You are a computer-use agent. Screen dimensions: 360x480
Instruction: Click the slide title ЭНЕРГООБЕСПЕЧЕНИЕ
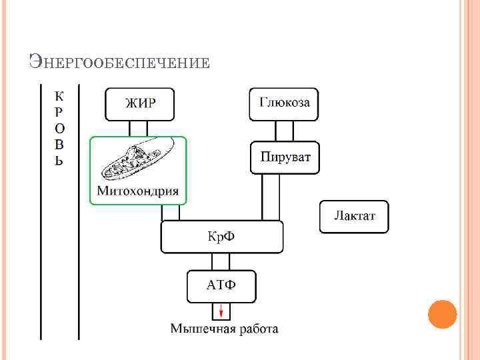[120, 63]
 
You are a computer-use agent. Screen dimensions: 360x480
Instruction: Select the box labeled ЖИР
[140, 103]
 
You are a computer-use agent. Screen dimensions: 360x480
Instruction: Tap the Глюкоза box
[284, 103]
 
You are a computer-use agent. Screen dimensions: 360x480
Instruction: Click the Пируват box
[285, 158]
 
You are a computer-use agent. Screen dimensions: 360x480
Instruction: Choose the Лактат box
[354, 217]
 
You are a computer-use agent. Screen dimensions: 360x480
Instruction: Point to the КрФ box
[222, 237]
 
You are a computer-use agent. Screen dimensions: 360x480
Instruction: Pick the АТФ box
[221, 286]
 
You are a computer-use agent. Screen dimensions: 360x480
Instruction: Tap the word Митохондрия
[138, 191]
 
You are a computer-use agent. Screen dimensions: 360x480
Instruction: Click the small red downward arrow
[221, 311]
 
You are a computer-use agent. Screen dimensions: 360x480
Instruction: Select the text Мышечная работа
[224, 329]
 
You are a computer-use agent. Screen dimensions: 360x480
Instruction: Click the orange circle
[442, 314]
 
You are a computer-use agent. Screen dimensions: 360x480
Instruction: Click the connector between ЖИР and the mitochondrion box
[139, 128]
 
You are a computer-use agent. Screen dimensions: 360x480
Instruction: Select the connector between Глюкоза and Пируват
[284, 130]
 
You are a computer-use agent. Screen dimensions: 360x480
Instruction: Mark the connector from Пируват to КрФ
[271, 197]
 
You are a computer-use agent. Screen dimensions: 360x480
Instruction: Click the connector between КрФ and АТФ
[221, 261]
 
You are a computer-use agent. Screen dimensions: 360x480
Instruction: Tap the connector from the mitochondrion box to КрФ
[171, 212]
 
